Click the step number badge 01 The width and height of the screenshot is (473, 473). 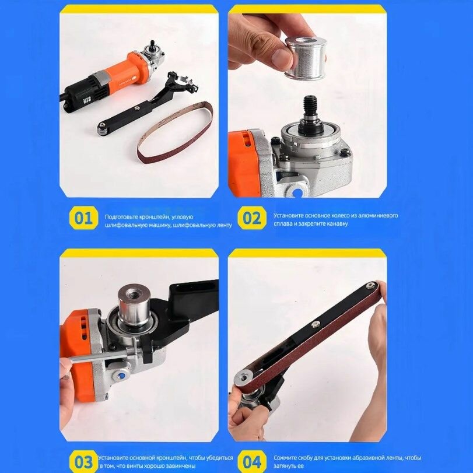point(83,218)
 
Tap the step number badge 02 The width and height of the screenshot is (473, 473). point(251,218)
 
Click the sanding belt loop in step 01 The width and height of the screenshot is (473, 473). point(175,132)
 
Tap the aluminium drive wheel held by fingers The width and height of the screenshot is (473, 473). point(305,58)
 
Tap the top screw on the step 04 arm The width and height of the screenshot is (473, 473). point(371,285)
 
